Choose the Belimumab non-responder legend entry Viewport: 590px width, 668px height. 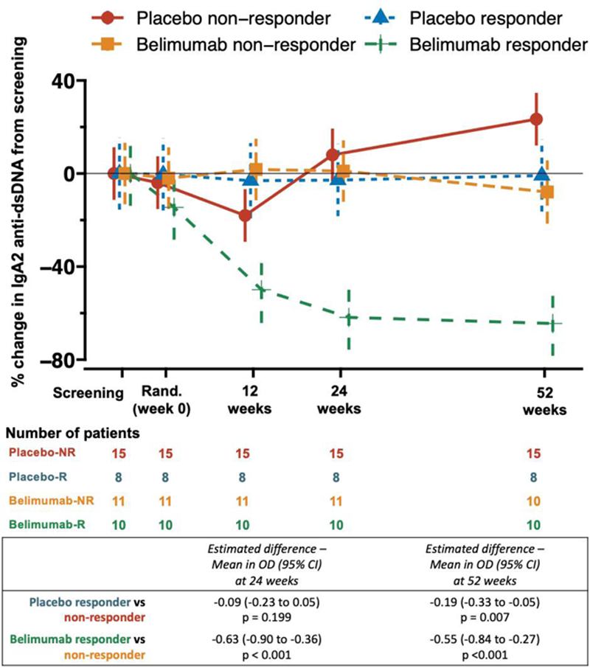243,45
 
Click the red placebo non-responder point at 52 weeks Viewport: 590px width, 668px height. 536,119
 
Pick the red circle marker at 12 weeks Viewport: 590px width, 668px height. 246,215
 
